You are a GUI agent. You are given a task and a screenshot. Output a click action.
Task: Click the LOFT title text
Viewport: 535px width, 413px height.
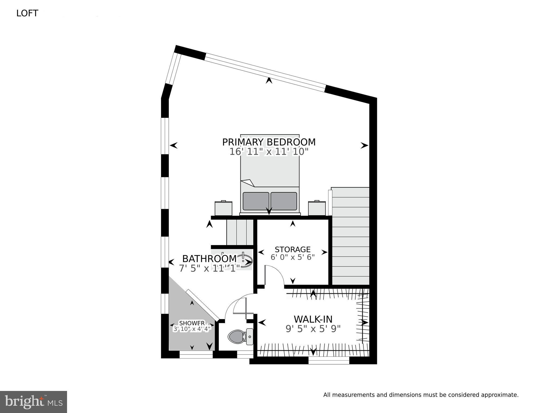point(27,13)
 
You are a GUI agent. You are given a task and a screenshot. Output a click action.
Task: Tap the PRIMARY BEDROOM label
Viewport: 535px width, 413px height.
point(269,142)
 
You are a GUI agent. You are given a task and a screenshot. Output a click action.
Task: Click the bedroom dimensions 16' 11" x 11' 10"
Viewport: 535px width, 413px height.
point(269,152)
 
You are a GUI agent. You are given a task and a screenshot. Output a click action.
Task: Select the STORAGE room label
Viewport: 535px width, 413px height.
point(292,249)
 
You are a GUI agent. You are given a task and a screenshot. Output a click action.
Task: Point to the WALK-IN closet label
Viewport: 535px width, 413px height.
point(313,319)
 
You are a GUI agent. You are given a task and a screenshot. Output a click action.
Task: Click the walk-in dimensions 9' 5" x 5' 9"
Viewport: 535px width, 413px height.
point(313,329)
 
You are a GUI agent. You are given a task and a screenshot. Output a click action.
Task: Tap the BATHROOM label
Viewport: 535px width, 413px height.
point(209,259)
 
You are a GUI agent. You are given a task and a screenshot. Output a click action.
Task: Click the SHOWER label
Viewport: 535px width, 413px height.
point(192,323)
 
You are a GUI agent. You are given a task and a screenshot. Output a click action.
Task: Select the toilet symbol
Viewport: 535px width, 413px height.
point(237,336)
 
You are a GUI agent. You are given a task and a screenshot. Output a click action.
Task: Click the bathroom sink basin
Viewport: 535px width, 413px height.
point(246,261)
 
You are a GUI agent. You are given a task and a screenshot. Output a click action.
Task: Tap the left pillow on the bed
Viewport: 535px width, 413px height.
point(256,201)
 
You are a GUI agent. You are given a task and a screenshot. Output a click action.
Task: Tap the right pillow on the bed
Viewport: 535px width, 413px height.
point(284,201)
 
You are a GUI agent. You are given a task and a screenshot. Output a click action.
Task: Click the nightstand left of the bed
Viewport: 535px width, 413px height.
point(223,209)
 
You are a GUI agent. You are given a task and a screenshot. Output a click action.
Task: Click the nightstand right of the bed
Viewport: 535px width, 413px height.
point(317,209)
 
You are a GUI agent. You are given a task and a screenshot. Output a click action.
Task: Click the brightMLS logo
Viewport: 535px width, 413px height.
point(33,402)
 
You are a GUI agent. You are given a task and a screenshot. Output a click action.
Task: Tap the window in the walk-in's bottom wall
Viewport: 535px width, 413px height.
point(328,361)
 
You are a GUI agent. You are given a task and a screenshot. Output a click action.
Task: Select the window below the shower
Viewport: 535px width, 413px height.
point(196,356)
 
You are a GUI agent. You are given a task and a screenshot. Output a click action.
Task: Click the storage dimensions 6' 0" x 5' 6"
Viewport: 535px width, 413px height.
point(292,257)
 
